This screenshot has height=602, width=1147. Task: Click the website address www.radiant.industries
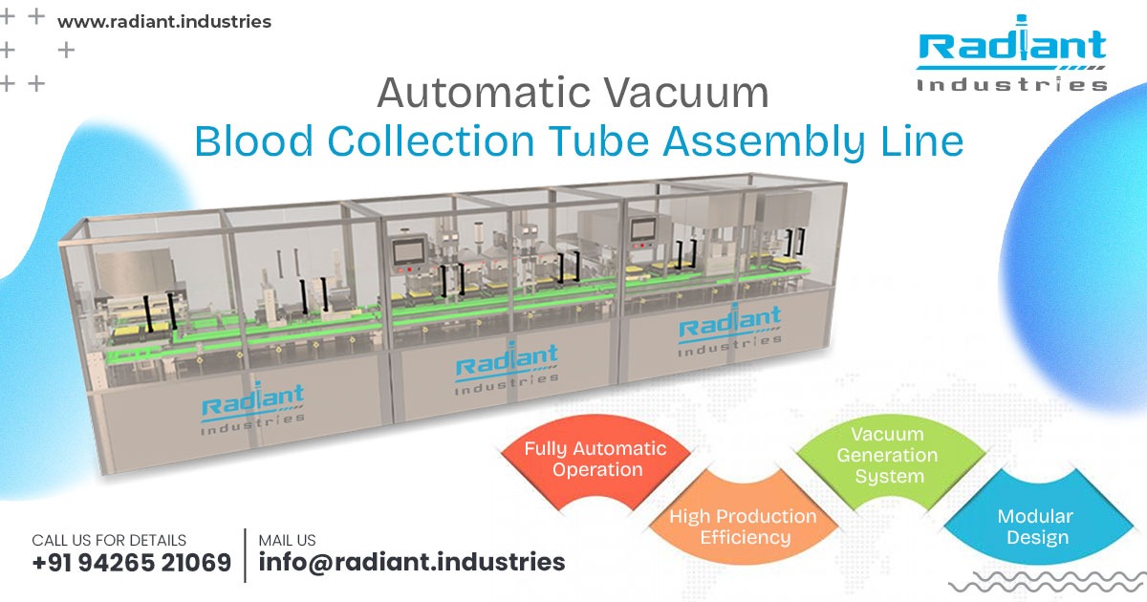(164, 21)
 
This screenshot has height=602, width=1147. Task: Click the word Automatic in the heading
(484, 93)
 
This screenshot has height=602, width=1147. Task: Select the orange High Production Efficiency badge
(743, 527)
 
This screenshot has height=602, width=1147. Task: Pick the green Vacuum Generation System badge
(888, 455)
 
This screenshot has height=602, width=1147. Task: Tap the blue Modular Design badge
(1034, 527)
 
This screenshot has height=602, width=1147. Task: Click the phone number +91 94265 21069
(132, 562)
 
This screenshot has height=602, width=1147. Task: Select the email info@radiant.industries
(412, 562)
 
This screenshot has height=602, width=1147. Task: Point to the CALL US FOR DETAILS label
(109, 540)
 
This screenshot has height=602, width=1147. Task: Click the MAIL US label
(287, 540)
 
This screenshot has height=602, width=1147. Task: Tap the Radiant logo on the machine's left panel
(252, 408)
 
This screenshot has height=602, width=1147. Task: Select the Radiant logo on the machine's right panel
(729, 330)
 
